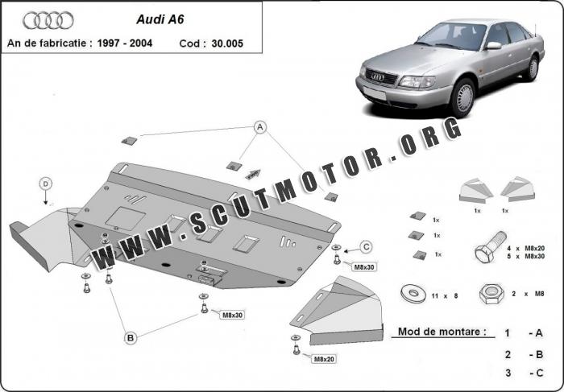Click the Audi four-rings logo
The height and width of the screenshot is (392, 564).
[x=48, y=20]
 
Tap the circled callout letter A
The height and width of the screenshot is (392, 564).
[x=260, y=127]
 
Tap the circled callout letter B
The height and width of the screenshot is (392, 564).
[x=129, y=338]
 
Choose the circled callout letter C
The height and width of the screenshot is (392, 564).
[x=365, y=246]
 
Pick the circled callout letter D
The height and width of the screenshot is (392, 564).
[x=46, y=184]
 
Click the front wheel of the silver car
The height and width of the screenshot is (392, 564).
[x=462, y=98]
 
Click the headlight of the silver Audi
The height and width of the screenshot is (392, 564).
[x=414, y=81]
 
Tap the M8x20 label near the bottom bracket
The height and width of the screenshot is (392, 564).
[x=325, y=359]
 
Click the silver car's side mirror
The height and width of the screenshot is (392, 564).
[x=493, y=46]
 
